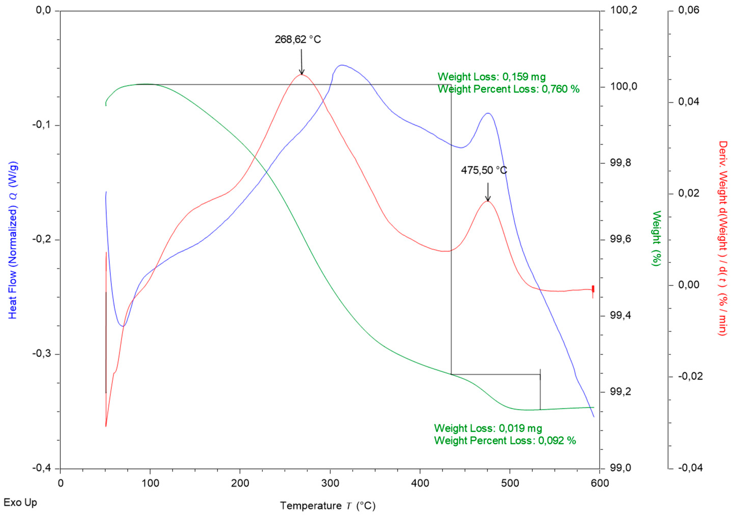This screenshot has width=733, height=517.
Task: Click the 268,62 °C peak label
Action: [x=297, y=40]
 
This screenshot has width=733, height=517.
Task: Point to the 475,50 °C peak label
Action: [x=484, y=170]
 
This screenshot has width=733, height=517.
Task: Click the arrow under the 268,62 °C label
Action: [x=301, y=62]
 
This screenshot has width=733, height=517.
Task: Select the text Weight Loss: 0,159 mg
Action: [x=491, y=77]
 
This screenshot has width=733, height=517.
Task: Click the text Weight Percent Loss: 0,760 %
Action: [x=508, y=89]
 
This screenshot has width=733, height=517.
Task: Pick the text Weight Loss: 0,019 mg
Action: [x=488, y=428]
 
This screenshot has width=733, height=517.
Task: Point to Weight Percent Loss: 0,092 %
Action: [x=505, y=441]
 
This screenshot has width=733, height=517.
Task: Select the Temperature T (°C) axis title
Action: [x=328, y=506]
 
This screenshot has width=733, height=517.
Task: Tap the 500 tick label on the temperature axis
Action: [x=510, y=483]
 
